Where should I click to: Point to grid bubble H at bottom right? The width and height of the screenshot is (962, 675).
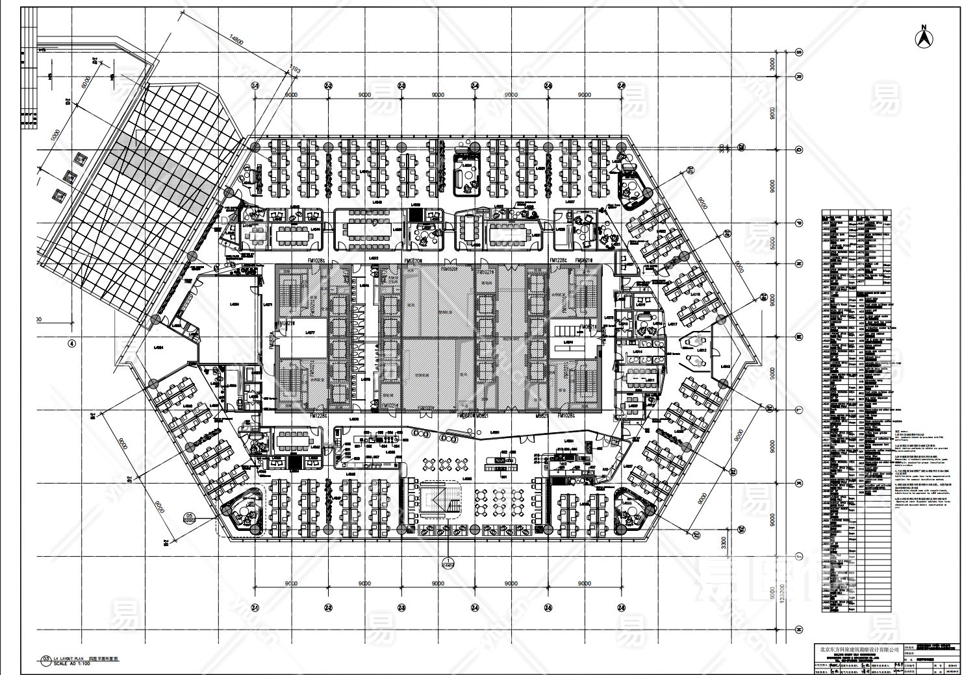(798, 629)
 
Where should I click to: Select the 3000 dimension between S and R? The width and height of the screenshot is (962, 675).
(773, 64)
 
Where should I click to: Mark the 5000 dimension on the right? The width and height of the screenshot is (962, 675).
(773, 243)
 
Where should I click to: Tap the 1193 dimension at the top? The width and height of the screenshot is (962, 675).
(294, 67)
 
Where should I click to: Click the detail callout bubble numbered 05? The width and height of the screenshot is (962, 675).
(190, 517)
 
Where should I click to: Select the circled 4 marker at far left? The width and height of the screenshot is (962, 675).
(71, 343)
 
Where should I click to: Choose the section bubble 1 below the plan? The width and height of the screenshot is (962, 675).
(448, 564)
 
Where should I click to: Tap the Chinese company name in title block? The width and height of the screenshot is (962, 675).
(859, 649)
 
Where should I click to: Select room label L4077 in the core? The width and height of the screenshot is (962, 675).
(310, 332)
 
